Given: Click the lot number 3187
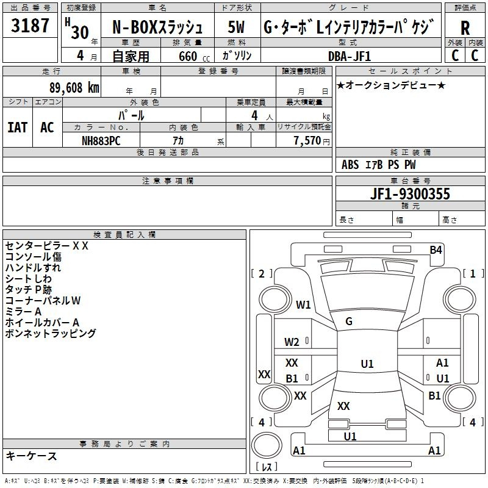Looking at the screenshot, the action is click(30, 25).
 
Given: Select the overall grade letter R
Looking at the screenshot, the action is click(465, 27).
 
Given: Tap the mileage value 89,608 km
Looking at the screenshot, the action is click(74, 88).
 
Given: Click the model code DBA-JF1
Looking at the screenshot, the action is click(350, 56).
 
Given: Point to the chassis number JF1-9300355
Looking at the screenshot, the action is click(410, 193).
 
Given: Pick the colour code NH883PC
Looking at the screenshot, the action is click(101, 141).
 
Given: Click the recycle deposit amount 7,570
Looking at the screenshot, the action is click(307, 140).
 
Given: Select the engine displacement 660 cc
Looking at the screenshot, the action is click(194, 56).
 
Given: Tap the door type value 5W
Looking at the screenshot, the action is click(236, 27).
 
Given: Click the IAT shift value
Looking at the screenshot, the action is click(18, 127).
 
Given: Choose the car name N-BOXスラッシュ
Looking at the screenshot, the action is click(157, 27).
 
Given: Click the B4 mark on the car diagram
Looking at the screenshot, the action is click(436, 249).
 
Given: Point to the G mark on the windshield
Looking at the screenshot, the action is click(349, 321).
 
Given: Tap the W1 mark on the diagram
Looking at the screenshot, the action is click(303, 304).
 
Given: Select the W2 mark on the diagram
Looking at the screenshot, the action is click(292, 342).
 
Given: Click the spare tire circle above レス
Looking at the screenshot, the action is click(267, 445).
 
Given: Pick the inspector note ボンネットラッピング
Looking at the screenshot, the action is click(51, 333).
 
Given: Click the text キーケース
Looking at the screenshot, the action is click(32, 456).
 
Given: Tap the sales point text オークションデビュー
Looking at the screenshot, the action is click(391, 85).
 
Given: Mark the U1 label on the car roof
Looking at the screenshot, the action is click(367, 364).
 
